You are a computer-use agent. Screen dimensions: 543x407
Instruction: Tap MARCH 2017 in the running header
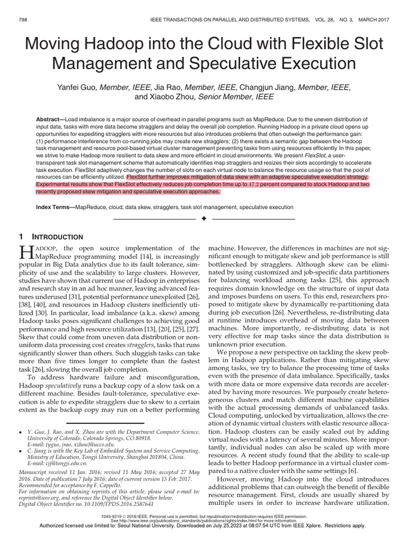(x=370, y=20)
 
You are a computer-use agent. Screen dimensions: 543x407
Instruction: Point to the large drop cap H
(x=26, y=252)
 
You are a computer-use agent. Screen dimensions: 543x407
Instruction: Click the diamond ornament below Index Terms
(x=203, y=219)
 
